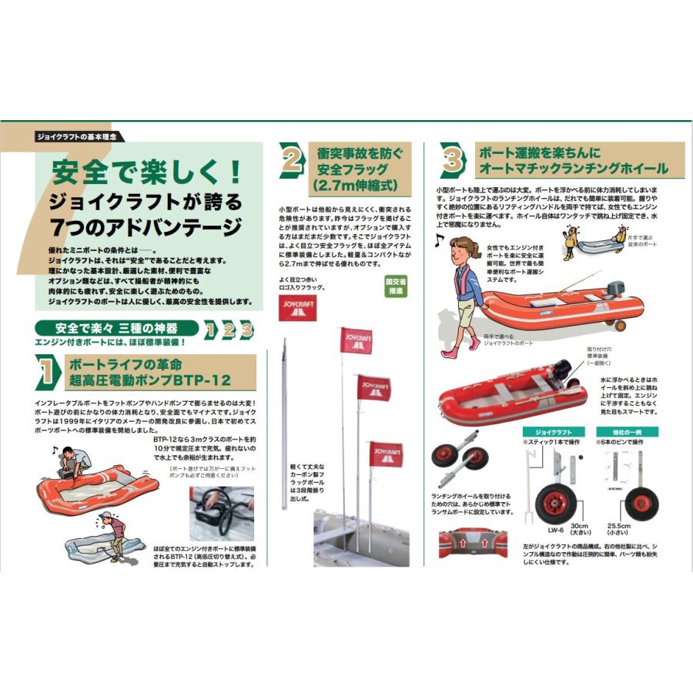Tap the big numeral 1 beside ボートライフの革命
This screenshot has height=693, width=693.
point(46,371)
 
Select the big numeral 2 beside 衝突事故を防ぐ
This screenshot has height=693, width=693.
point(292,161)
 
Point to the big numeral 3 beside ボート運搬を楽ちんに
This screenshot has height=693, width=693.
point(452,160)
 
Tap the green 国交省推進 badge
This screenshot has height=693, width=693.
point(395,287)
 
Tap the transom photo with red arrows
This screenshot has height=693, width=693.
point(470,541)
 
